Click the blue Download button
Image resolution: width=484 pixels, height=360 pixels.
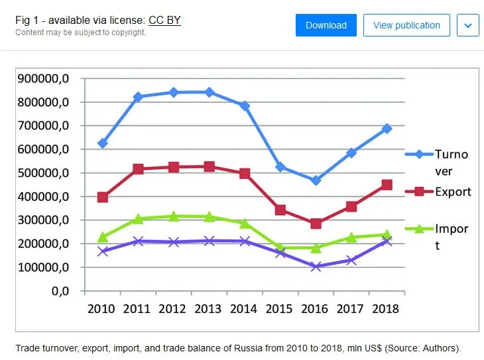click(326, 25)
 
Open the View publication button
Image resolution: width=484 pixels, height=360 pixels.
click(406, 25)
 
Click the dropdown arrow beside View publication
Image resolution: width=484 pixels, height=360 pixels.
click(468, 25)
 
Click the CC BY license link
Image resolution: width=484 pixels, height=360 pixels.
click(164, 21)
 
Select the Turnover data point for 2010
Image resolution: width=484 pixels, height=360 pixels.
click(102, 143)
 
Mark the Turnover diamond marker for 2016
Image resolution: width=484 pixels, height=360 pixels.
click(316, 180)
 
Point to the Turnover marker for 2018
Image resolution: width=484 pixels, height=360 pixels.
click(387, 129)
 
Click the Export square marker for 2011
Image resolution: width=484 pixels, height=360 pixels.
click(138, 169)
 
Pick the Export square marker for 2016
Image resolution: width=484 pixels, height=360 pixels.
click(316, 223)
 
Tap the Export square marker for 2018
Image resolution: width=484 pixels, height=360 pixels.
click(387, 185)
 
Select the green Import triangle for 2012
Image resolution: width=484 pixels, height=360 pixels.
click(173, 216)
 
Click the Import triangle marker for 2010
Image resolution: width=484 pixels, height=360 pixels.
click(102, 237)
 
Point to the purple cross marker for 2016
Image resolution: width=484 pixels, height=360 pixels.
click(316, 267)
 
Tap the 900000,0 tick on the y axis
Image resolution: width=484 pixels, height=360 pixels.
click(43, 79)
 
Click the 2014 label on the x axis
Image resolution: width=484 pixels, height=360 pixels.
click(244, 309)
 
